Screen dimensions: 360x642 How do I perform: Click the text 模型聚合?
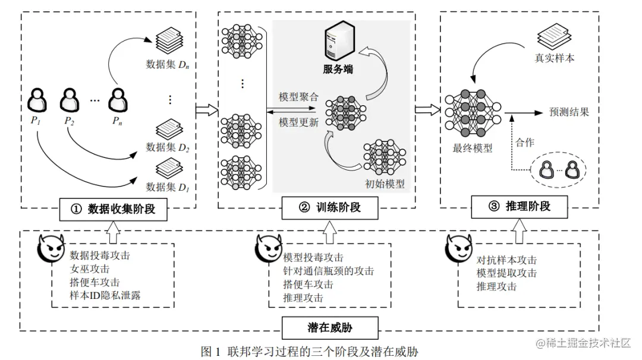(298, 97)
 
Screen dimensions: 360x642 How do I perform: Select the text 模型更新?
(298, 122)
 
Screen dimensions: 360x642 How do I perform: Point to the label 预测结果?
(569, 112)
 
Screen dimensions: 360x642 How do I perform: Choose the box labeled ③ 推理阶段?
(519, 207)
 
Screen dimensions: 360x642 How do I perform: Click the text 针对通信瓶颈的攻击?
(328, 271)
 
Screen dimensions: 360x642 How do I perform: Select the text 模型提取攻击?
(506, 273)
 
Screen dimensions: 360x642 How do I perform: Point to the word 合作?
(525, 143)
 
